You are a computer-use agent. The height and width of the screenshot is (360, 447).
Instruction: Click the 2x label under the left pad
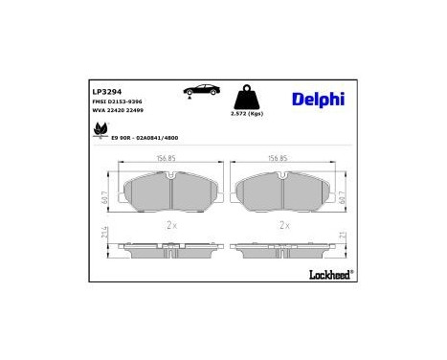[x=171, y=226]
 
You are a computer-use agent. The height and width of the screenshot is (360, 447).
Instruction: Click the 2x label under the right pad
[x=283, y=226]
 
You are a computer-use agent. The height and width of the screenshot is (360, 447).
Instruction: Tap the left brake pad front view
[x=168, y=195]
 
